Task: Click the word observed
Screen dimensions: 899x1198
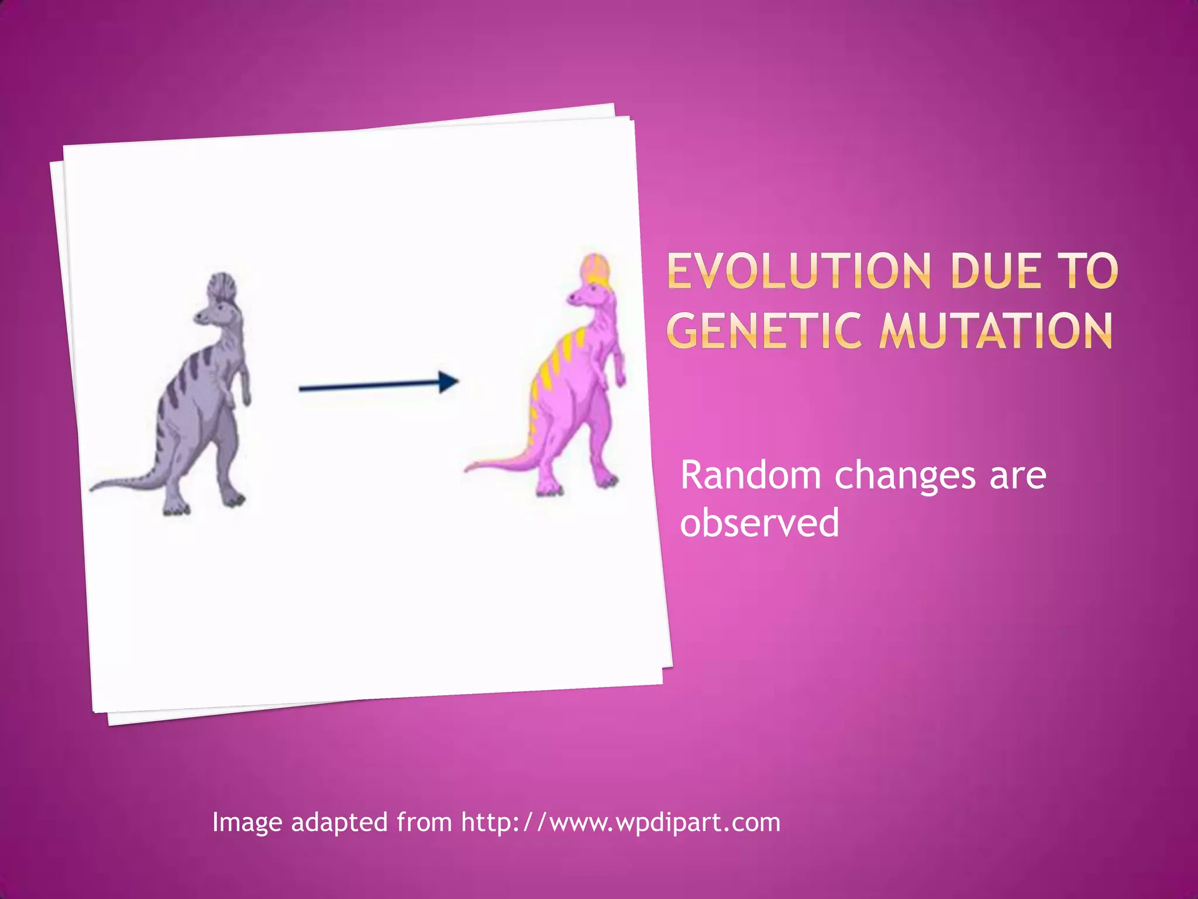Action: pyautogui.click(x=759, y=523)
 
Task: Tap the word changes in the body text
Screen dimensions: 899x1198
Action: pyautogui.click(x=904, y=476)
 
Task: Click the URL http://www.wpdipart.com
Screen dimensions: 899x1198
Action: pyautogui.click(x=621, y=822)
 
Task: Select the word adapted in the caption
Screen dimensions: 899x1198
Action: pyautogui.click(x=339, y=822)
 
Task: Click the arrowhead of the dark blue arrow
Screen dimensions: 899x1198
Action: pyautogui.click(x=449, y=382)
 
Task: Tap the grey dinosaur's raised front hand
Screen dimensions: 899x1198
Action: pyautogui.click(x=246, y=399)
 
